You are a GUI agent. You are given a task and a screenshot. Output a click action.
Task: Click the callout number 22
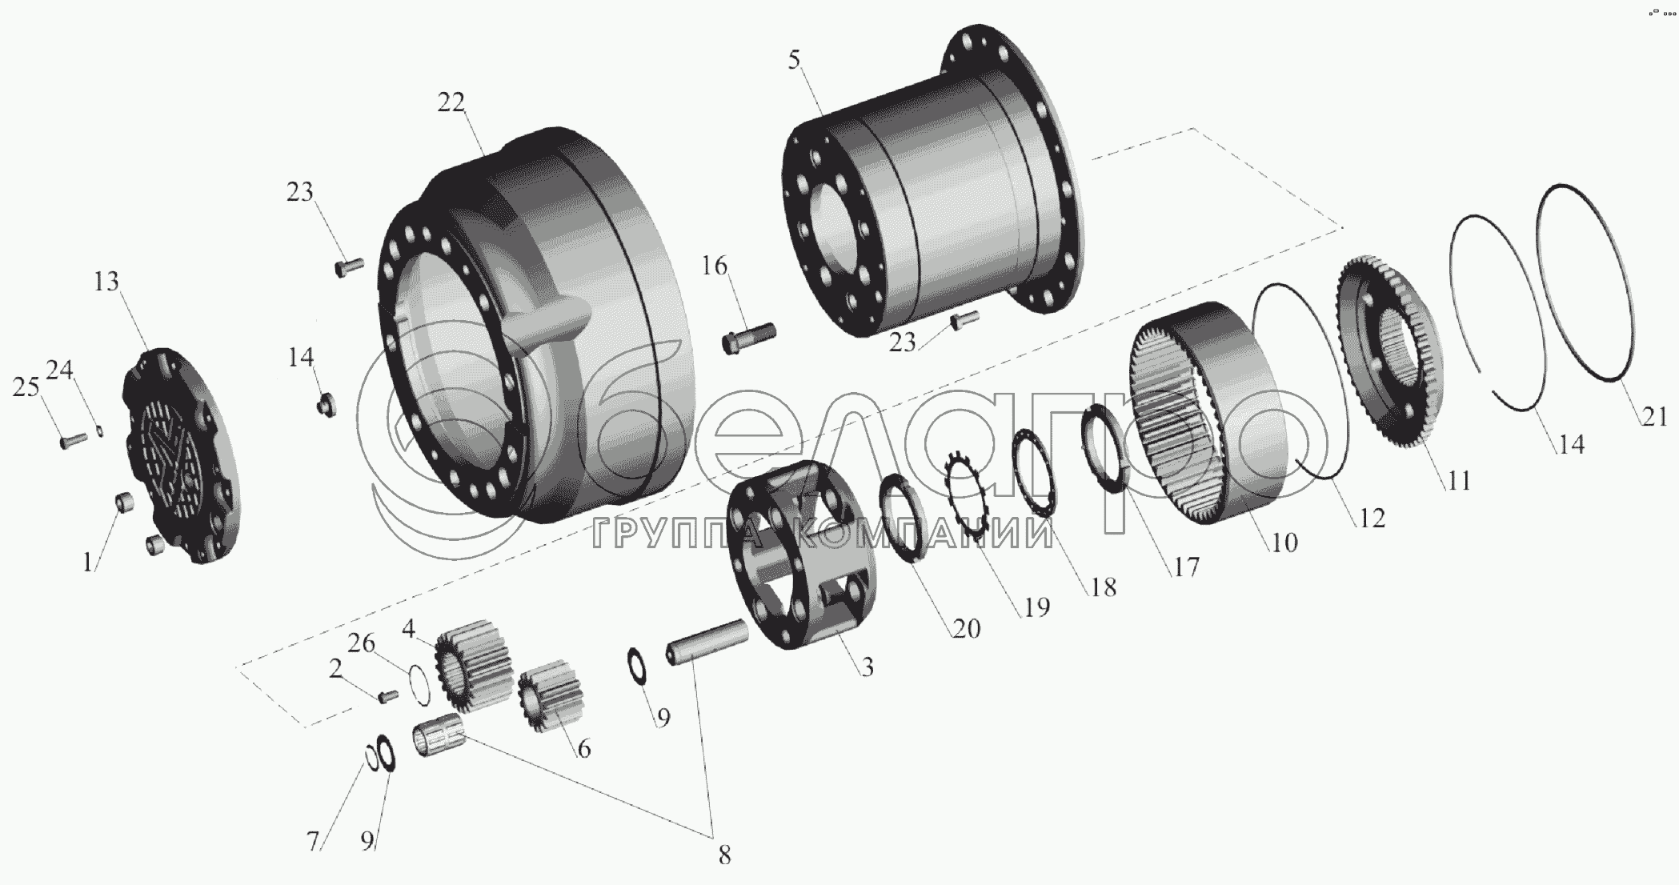click(x=451, y=103)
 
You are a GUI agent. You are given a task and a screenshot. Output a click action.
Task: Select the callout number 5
click(x=793, y=60)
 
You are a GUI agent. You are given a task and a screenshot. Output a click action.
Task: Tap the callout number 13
click(x=106, y=282)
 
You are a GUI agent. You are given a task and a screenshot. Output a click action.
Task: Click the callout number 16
click(x=715, y=266)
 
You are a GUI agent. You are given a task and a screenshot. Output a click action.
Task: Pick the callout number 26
click(x=362, y=643)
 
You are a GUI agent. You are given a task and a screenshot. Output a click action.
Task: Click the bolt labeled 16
click(x=748, y=334)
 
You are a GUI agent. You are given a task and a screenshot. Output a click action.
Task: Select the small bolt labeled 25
click(x=73, y=439)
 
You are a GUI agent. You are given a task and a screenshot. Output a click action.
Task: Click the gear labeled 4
click(x=474, y=662)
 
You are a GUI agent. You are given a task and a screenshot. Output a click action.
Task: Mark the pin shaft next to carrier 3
click(x=708, y=643)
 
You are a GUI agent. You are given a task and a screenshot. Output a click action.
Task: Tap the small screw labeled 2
click(x=388, y=697)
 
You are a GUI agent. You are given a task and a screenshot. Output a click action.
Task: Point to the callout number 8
click(x=723, y=855)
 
